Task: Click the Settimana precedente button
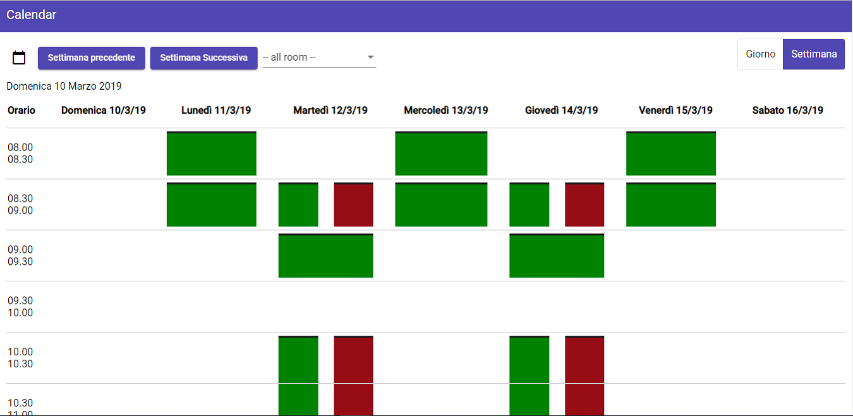tap(92, 58)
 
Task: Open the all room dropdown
tap(319, 58)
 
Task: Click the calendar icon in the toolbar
tap(19, 58)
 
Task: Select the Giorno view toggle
tap(760, 54)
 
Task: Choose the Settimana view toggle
tap(814, 54)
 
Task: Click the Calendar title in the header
tap(32, 15)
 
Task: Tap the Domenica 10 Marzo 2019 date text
tap(64, 86)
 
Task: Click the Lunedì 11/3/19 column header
tap(216, 111)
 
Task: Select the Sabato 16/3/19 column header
tap(787, 111)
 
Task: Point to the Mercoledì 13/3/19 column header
tap(446, 111)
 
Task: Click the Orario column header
tap(21, 111)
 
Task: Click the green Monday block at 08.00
tap(212, 154)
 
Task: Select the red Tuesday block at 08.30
tap(353, 205)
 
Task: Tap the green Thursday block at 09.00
tap(557, 256)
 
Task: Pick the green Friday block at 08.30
tap(671, 205)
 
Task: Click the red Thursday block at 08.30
tap(584, 205)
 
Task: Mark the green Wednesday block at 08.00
tap(441, 154)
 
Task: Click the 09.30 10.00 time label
tap(20, 307)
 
